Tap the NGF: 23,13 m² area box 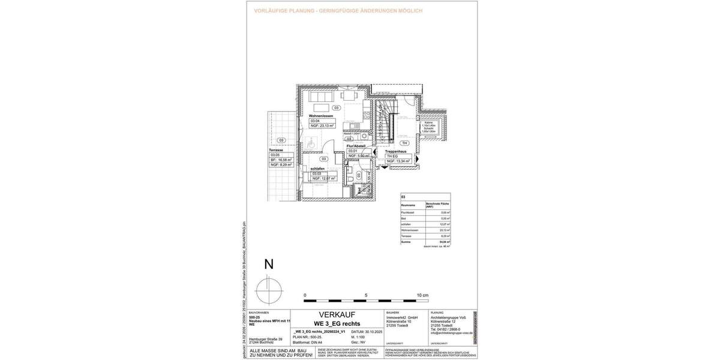click(322, 125)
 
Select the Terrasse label click(276, 150)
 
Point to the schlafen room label click(317, 169)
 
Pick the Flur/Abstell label click(356, 146)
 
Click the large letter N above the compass click(269, 264)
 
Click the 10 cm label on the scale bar click(422, 295)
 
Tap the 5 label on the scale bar click(365, 295)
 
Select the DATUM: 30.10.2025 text click(366, 331)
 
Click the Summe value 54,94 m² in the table click(444, 242)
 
